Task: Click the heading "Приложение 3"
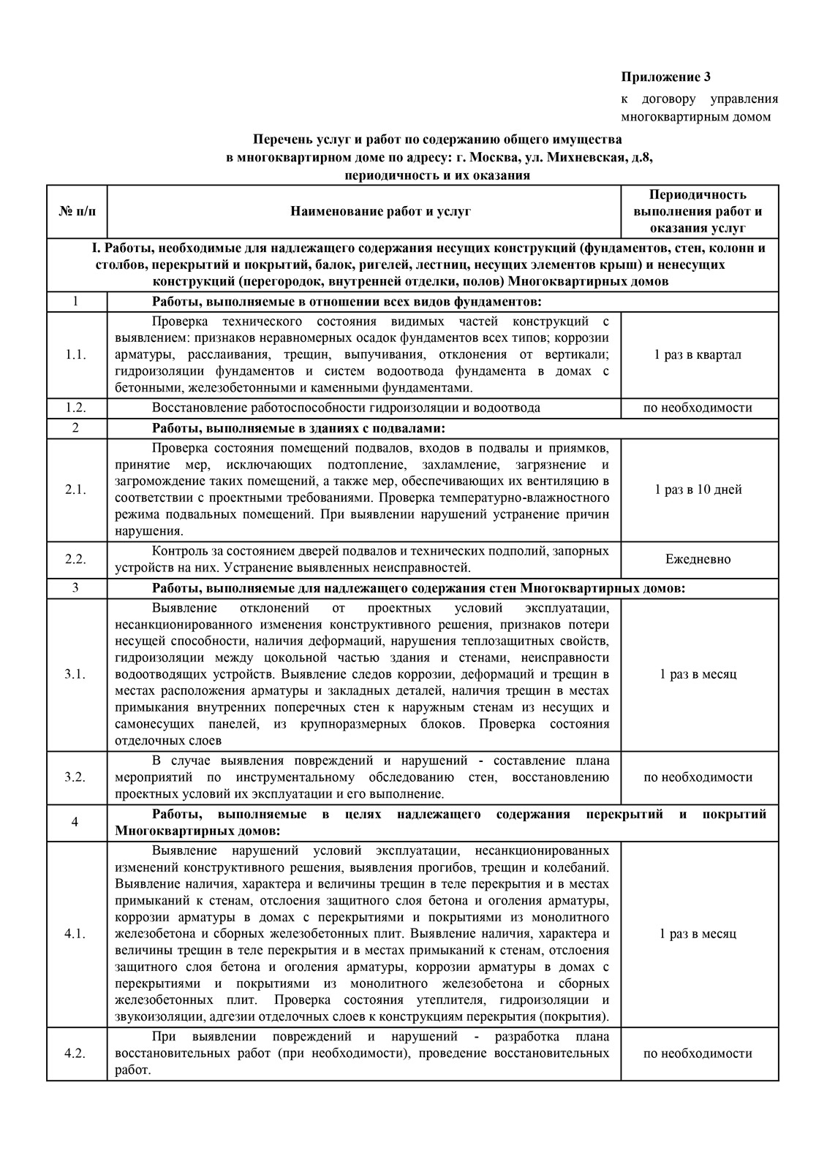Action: point(665,77)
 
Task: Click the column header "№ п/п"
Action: point(76,212)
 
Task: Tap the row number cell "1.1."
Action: point(76,355)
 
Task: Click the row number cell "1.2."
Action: point(76,408)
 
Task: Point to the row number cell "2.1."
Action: point(76,490)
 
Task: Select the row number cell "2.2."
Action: point(76,559)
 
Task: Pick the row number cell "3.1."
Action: point(76,674)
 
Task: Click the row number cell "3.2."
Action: point(76,777)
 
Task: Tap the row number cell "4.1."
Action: point(76,934)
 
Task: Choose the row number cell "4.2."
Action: point(76,1054)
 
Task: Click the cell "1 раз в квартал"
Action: point(698,355)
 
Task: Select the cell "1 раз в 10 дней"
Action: point(698,490)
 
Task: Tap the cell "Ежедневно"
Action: point(698,559)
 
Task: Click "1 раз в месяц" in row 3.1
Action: point(698,674)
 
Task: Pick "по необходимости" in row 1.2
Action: point(698,408)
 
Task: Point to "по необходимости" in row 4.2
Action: point(698,1054)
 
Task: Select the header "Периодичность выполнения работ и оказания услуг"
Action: point(698,212)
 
